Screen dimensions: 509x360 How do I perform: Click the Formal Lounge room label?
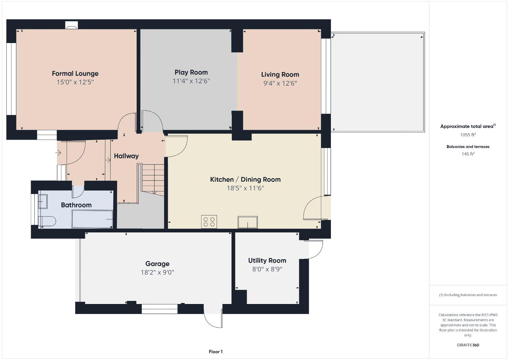point(75,74)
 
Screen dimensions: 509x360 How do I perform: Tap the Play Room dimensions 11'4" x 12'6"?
point(191,81)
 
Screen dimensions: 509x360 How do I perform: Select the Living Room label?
point(280,74)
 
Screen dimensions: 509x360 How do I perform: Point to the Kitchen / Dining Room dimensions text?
point(245,188)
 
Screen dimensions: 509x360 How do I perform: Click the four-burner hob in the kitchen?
point(209,222)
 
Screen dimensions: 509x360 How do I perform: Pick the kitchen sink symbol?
point(248,222)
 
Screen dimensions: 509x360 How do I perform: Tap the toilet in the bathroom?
point(47,221)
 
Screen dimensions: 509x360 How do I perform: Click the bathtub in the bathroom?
point(92,219)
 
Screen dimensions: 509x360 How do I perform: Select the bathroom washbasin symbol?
point(42,201)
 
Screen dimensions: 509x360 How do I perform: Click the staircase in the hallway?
point(151,179)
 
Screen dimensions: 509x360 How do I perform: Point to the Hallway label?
point(126,156)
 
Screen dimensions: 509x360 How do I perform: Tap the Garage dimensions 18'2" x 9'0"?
point(157,272)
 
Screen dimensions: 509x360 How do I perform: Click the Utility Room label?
point(267,261)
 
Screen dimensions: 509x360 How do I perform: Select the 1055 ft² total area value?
point(468,135)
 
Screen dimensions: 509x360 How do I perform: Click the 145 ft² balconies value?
point(468,154)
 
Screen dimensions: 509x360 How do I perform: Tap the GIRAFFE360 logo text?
point(468,345)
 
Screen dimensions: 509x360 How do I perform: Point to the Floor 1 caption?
point(216,352)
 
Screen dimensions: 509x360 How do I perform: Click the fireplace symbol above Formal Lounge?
point(72,25)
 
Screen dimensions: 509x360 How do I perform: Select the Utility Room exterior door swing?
point(314,249)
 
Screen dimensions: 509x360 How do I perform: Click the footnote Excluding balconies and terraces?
point(468,295)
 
